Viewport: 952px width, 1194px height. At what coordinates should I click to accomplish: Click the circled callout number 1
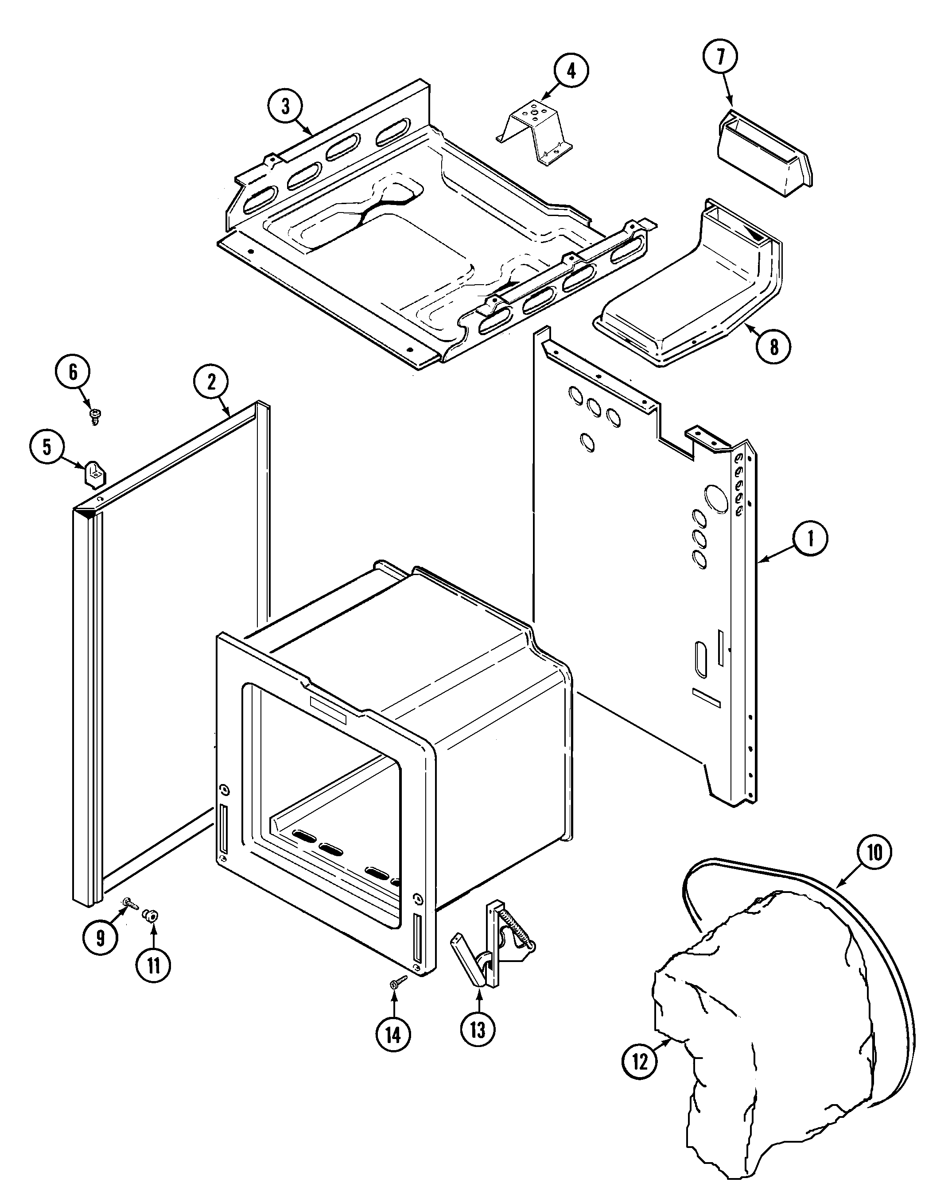click(810, 539)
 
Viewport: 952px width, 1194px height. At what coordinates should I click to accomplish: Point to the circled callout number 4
click(571, 70)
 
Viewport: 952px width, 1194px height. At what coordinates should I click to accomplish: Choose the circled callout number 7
click(720, 58)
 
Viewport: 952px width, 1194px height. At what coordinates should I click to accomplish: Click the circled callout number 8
click(773, 347)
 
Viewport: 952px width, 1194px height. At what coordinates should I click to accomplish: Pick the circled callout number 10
click(874, 852)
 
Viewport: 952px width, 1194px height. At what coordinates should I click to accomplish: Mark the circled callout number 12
click(640, 1062)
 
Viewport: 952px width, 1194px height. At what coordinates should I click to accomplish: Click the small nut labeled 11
click(150, 916)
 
